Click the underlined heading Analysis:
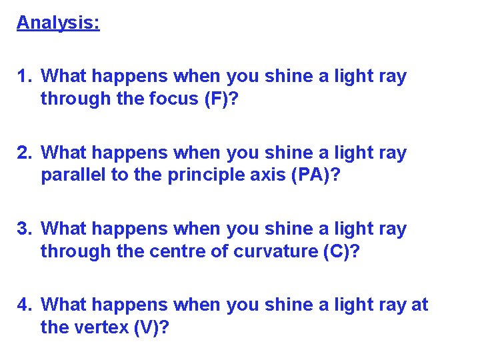coord(58,23)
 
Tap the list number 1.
coord(25,77)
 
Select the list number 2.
coord(25,153)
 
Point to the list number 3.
coord(25,229)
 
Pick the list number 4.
coord(25,305)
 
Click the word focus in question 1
coord(159,99)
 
